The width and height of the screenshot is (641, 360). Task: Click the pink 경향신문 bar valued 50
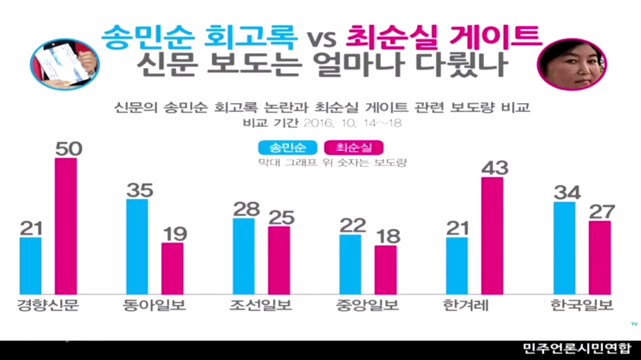click(x=66, y=227)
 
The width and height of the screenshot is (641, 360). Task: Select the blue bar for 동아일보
click(x=137, y=246)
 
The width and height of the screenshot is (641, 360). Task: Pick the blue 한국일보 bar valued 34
click(x=565, y=248)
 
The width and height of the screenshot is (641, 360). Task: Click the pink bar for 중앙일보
click(x=386, y=270)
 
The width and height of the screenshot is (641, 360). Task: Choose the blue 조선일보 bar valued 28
click(x=244, y=256)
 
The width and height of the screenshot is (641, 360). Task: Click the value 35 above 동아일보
click(x=137, y=188)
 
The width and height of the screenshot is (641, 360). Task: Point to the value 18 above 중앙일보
click(x=386, y=234)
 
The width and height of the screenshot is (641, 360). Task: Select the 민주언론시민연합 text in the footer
click(x=577, y=349)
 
